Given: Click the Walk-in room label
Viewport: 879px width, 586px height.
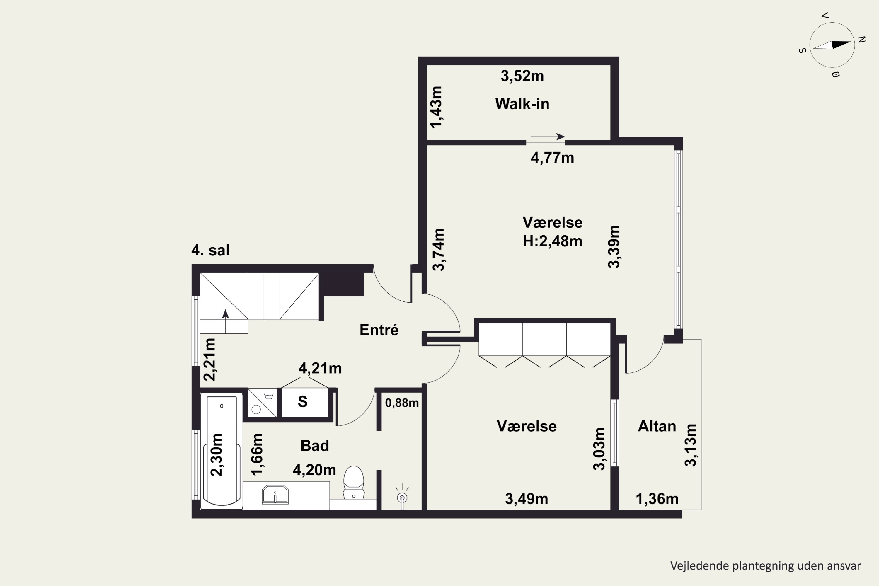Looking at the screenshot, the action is click(x=522, y=104).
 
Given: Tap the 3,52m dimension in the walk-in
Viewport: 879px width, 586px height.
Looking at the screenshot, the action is click(x=522, y=76).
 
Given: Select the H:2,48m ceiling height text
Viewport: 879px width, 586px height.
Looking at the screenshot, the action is click(x=552, y=241).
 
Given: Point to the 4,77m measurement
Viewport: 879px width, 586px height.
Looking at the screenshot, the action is click(x=552, y=158).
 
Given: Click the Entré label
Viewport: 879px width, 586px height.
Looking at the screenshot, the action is click(x=379, y=330).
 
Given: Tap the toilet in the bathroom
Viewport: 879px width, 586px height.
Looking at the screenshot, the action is click(x=354, y=482).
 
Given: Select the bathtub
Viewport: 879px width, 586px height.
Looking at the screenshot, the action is click(x=222, y=451).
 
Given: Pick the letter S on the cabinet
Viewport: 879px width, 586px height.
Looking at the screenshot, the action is click(x=303, y=402).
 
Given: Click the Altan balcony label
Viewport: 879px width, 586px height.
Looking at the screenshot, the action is click(x=657, y=426).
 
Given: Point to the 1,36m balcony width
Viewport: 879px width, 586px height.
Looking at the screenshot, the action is click(x=657, y=499).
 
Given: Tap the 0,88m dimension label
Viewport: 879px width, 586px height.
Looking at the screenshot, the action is click(x=402, y=403).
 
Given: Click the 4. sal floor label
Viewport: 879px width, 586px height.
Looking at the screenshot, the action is click(x=210, y=250).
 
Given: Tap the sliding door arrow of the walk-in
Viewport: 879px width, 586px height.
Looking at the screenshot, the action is click(x=548, y=137).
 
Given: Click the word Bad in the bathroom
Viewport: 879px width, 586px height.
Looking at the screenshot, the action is click(x=315, y=445).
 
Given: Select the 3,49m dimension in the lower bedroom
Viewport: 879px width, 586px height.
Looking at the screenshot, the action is click(x=527, y=499).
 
